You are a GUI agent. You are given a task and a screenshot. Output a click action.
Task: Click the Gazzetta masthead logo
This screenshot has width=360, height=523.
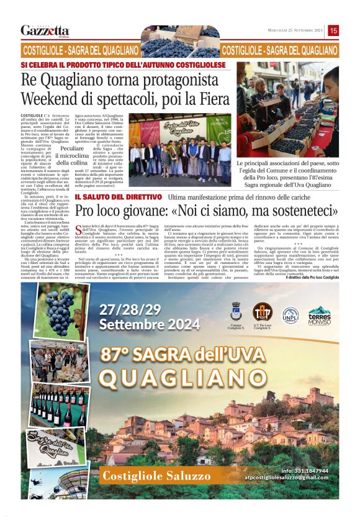45,30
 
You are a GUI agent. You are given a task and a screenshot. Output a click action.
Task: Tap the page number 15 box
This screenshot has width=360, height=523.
333,30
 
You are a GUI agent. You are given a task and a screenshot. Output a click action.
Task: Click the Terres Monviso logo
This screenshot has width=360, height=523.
320,316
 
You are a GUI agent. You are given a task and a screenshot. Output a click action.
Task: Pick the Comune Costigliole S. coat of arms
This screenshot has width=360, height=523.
235,312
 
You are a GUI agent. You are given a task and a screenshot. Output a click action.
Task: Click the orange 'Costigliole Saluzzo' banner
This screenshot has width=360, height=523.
148,476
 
